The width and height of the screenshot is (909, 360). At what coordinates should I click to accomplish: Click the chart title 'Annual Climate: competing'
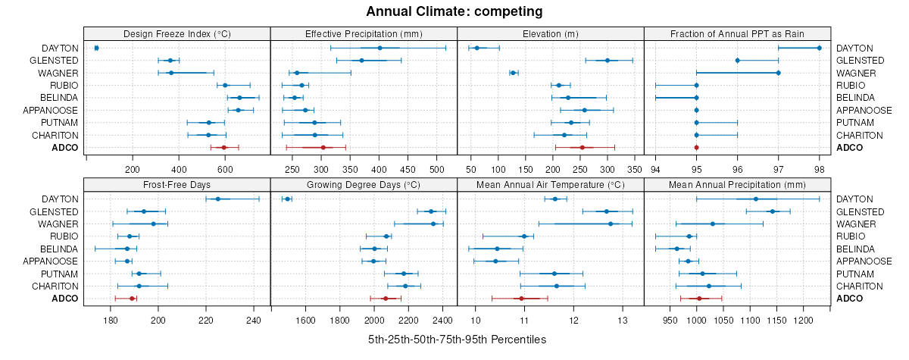(x=454, y=11)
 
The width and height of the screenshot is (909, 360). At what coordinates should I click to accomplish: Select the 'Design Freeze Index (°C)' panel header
(x=177, y=33)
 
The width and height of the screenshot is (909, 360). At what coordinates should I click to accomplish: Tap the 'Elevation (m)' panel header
(x=551, y=33)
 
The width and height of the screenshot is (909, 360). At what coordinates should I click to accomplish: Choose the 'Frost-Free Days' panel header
(x=177, y=184)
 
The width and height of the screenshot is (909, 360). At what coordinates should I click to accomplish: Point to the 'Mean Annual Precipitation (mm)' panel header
(x=738, y=184)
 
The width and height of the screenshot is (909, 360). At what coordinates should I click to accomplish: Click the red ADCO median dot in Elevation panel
(x=582, y=148)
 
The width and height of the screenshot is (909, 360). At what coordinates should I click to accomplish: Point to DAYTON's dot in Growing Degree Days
(x=287, y=199)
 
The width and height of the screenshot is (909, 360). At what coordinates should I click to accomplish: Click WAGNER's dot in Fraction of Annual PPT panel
(x=778, y=73)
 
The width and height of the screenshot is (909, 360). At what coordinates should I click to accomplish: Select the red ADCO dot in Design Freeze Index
(x=223, y=148)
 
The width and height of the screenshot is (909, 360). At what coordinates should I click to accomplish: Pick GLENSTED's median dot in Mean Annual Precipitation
(x=772, y=211)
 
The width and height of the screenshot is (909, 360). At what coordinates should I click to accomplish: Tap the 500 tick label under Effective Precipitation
(x=437, y=168)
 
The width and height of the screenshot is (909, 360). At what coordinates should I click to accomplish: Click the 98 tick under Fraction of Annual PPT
(x=819, y=168)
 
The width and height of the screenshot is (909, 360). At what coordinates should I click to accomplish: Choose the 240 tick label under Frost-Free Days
(x=254, y=319)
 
